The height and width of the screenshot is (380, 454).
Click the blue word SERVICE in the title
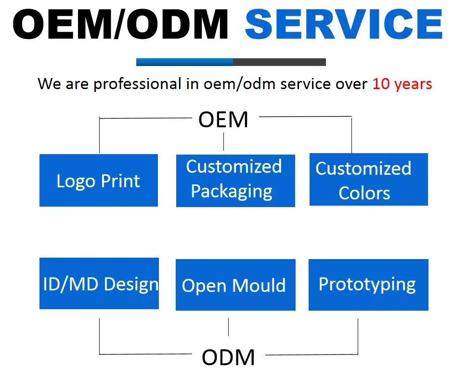pyautogui.click(x=344, y=24)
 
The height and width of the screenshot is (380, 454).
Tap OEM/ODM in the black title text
pyautogui.click(x=120, y=24)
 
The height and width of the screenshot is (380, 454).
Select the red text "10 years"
pyautogui.click(x=402, y=84)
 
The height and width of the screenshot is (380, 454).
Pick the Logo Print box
pyautogui.click(x=99, y=181)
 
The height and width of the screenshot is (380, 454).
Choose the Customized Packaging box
pyautogui.click(x=235, y=181)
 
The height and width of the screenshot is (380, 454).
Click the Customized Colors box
pyautogui.click(x=368, y=180)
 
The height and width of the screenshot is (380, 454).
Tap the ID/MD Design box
pyautogui.click(x=99, y=284)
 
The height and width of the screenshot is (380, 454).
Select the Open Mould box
pyautogui.click(x=235, y=285)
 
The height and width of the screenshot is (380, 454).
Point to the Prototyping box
pyautogui.click(x=368, y=285)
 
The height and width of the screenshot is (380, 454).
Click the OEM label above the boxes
pyautogui.click(x=223, y=119)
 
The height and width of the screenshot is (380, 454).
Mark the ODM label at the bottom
pyautogui.click(x=228, y=357)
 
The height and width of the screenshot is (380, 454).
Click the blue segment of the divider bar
pyautogui.click(x=184, y=62)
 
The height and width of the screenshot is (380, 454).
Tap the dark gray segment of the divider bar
pyautogui.click(x=279, y=62)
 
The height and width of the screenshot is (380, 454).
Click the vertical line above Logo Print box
pyautogui.click(x=99, y=136)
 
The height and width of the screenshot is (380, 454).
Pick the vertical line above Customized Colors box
pyautogui.click(x=351, y=135)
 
